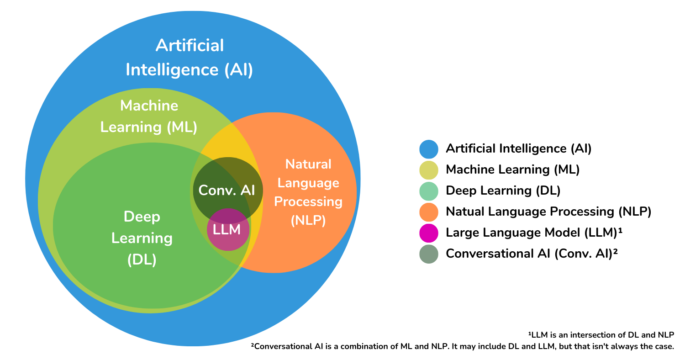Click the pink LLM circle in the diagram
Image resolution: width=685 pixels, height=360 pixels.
pyautogui.click(x=228, y=230)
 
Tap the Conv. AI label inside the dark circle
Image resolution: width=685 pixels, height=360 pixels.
pyautogui.click(x=227, y=191)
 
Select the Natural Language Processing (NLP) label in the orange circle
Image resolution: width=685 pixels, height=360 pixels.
pyautogui.click(x=308, y=192)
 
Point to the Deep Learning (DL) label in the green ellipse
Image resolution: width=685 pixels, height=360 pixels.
pyautogui.click(x=142, y=238)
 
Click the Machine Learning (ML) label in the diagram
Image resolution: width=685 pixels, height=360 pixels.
pyautogui.click(x=149, y=116)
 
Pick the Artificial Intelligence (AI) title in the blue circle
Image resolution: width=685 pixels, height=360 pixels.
pyautogui.click(x=190, y=58)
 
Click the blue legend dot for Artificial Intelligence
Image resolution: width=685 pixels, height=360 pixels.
pyautogui.click(x=428, y=148)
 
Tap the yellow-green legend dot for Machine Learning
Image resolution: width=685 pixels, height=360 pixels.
pyautogui.click(x=428, y=169)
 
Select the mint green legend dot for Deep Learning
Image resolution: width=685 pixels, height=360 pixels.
pyautogui.click(x=428, y=191)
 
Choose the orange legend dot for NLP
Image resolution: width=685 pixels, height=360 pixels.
pyautogui.click(x=428, y=212)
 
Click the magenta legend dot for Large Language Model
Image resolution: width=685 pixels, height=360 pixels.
pyautogui.click(x=428, y=233)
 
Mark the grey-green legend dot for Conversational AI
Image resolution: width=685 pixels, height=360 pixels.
pyautogui.click(x=428, y=254)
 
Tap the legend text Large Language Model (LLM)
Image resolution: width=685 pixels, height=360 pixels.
pyautogui.click(x=534, y=233)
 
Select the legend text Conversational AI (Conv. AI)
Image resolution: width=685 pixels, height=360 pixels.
pyautogui.click(x=532, y=254)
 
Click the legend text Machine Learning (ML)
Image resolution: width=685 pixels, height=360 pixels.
pyautogui.click(x=512, y=169)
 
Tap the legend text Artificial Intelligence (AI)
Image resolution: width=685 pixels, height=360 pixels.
pyautogui.click(x=519, y=148)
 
